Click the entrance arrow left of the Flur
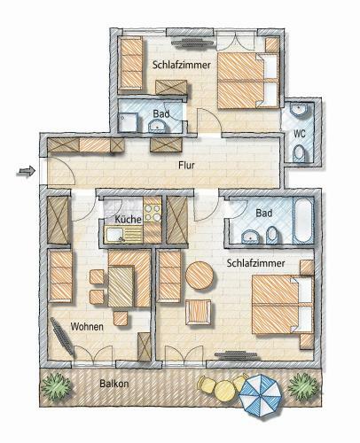tap(26, 170)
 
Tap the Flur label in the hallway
tap(185, 165)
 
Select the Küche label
tap(128, 218)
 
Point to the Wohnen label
tap(88, 326)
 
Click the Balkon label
tap(114, 384)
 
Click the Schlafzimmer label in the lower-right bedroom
tap(256, 264)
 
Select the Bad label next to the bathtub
tap(263, 214)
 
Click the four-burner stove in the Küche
tap(153, 213)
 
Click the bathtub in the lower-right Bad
tap(302, 221)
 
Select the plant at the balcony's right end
tap(301, 388)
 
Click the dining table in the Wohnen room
tap(121, 284)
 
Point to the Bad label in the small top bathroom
tap(160, 113)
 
